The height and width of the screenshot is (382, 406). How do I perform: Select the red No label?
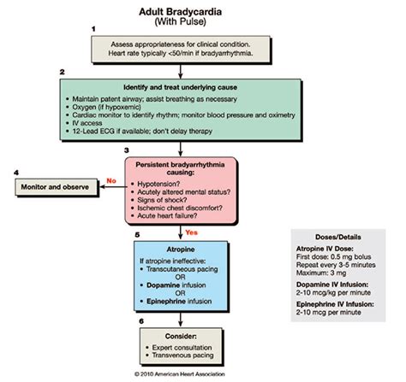tap(110, 180)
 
